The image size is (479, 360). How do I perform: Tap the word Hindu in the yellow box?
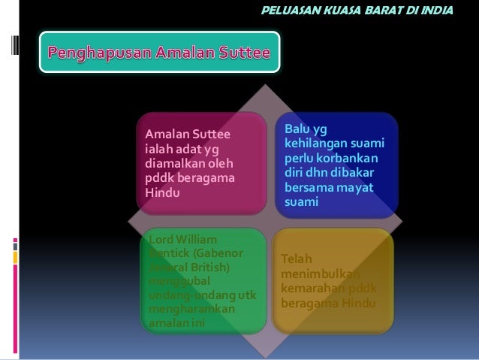tap(356, 303)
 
